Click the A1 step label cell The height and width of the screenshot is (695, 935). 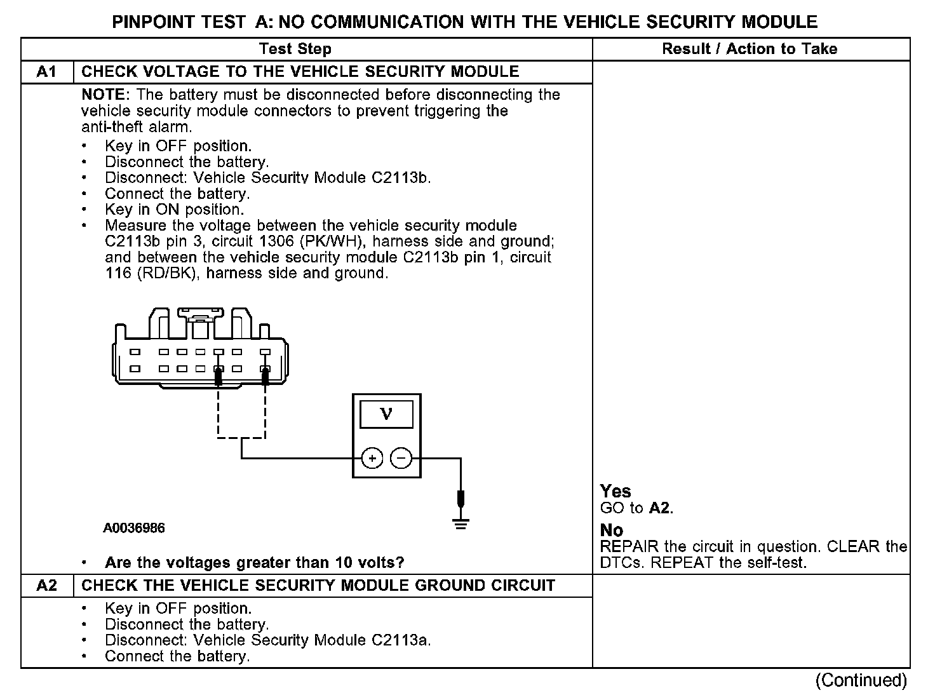tap(47, 72)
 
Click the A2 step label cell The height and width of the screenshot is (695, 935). tap(47, 586)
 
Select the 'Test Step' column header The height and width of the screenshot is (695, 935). tap(295, 49)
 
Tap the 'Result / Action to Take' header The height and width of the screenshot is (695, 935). tap(750, 49)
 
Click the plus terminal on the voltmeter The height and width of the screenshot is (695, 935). tap(372, 458)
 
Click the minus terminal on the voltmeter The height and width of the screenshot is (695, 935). tap(401, 458)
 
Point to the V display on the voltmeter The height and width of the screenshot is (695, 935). tap(386, 415)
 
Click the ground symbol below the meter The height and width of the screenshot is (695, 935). tap(461, 524)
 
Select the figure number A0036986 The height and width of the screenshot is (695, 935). tap(135, 528)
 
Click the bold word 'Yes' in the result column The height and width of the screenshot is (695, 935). tap(615, 491)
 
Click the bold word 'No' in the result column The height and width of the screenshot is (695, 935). tap(612, 530)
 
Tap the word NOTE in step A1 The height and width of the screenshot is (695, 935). tap(105, 95)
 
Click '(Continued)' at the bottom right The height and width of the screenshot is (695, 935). tap(861, 680)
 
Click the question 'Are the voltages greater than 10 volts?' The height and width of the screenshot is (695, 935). tap(254, 563)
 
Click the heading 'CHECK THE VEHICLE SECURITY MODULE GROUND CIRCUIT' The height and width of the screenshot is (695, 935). tap(318, 586)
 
